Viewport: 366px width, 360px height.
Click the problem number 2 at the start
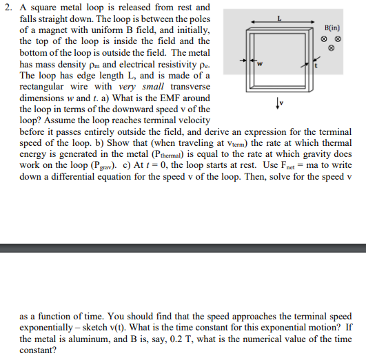[x=8, y=9]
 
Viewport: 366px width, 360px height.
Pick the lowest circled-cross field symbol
[x=331, y=48]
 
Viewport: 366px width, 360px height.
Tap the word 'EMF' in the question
[x=127, y=97]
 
